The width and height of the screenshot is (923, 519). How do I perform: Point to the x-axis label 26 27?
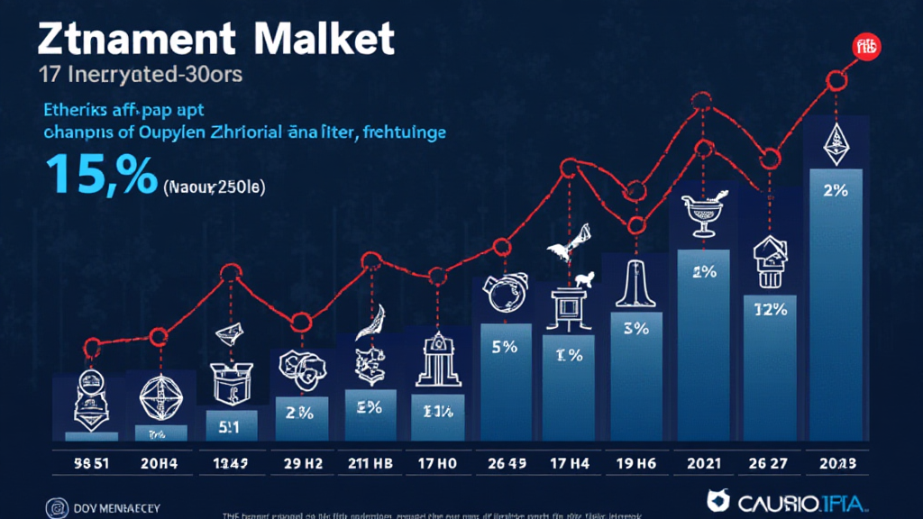(768, 466)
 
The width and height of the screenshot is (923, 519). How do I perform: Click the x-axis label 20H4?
(160, 466)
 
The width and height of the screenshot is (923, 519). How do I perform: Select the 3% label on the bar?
(635, 328)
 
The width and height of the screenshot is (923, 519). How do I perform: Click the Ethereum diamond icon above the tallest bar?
(836, 144)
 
